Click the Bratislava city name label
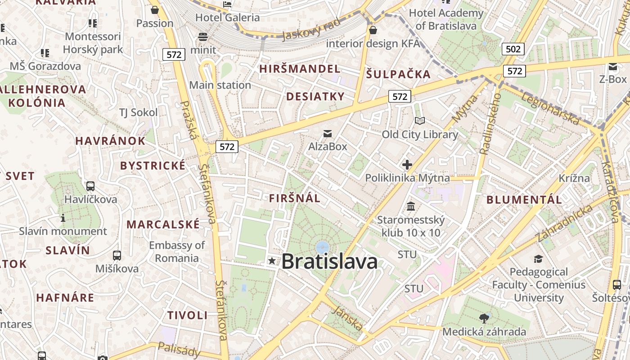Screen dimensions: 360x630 coord(329,261)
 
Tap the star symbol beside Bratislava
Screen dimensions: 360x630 coord(272,261)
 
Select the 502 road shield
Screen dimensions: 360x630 coord(513,49)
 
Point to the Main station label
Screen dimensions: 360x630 coord(220,85)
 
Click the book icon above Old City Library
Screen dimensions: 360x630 coord(419,121)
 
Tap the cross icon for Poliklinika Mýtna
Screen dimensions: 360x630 coord(407,165)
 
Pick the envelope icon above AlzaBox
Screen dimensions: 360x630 coord(328,134)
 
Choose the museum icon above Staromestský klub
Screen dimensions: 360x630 coord(411,206)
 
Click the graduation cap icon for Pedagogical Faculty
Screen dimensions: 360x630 coord(538,259)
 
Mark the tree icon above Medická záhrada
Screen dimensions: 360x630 coord(484,319)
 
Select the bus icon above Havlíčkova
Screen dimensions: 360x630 coord(90,186)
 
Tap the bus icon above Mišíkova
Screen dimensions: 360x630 coord(117,256)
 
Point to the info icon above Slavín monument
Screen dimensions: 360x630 coord(63,218)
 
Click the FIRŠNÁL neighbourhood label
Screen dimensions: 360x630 coord(295,198)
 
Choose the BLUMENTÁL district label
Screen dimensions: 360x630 coord(524,200)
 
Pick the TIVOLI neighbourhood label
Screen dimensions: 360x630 coord(188,315)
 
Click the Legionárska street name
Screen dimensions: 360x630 coord(550,108)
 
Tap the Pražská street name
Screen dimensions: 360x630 coord(189,120)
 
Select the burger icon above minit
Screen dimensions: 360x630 coord(203,37)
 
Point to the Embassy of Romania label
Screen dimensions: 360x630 coord(176,252)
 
